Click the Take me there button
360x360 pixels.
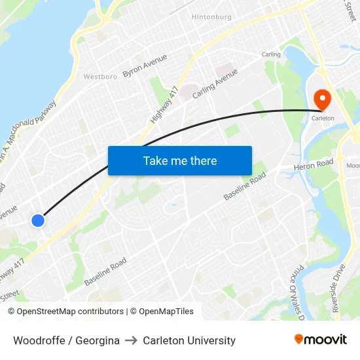180,160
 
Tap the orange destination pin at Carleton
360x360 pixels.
323,99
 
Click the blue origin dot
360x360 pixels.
38,221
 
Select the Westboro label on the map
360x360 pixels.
100,77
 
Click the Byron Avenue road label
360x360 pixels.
145,66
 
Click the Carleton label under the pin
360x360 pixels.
323,118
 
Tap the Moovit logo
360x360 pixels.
321,340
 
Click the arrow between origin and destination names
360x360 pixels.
131,340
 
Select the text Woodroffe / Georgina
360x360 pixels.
66,340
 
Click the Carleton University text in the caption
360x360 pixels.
189,340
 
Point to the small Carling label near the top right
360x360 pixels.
271,54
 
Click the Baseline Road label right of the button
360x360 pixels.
245,187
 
